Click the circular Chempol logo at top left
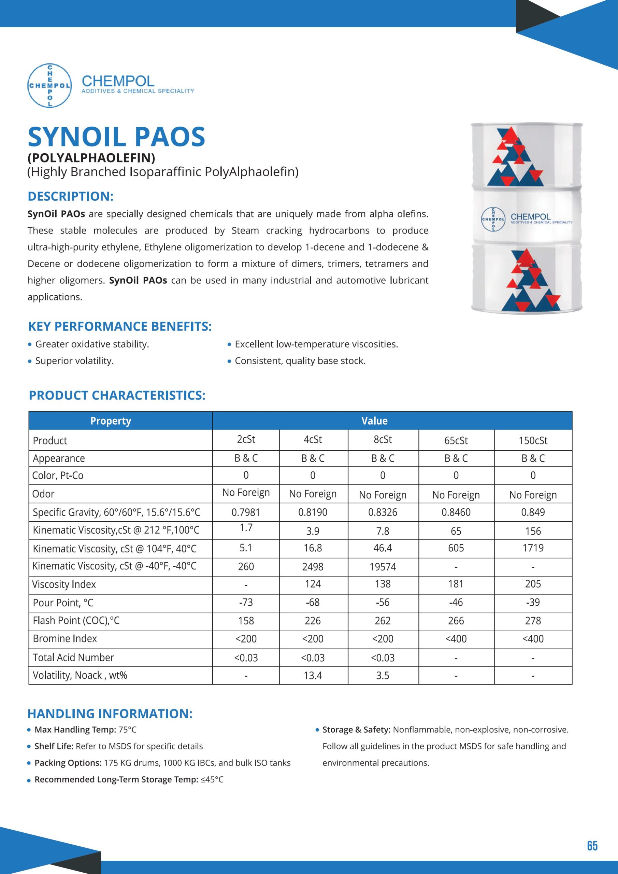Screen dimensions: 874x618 [49, 86]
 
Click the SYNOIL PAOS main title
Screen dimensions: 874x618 [116, 137]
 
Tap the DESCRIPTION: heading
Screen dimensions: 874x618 [71, 196]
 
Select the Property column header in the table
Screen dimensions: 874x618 [111, 421]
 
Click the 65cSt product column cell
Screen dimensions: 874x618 [456, 440]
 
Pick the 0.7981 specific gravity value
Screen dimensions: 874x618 [246, 512]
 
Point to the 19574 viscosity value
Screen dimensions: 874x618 [383, 567]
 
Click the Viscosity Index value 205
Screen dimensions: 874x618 [533, 584]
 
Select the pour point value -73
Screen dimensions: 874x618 [246, 602]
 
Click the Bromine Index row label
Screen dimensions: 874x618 [65, 639]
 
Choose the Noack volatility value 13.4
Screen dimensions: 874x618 [313, 676]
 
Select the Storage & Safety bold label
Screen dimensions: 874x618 [356, 730]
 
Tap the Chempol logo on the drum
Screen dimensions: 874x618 [493, 219]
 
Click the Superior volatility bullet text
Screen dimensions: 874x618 [75, 361]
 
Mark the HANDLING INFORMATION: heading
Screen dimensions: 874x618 [110, 714]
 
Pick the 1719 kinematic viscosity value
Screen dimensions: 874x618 [533, 548]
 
